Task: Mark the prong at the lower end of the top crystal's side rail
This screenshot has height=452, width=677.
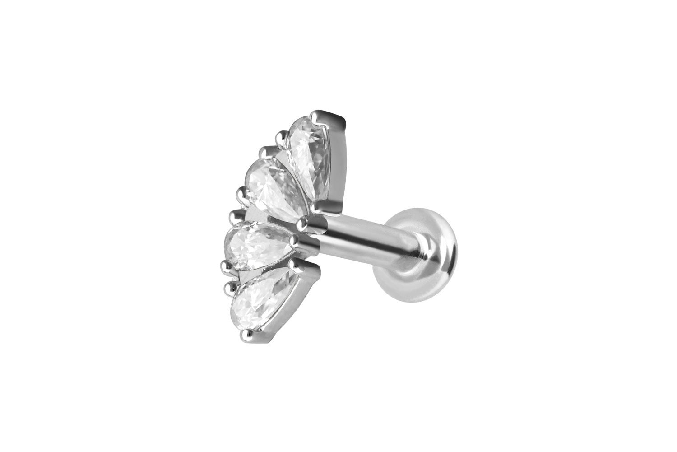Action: pyautogui.click(x=321, y=206)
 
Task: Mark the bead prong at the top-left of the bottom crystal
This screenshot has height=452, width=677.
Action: pyautogui.click(x=233, y=284)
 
